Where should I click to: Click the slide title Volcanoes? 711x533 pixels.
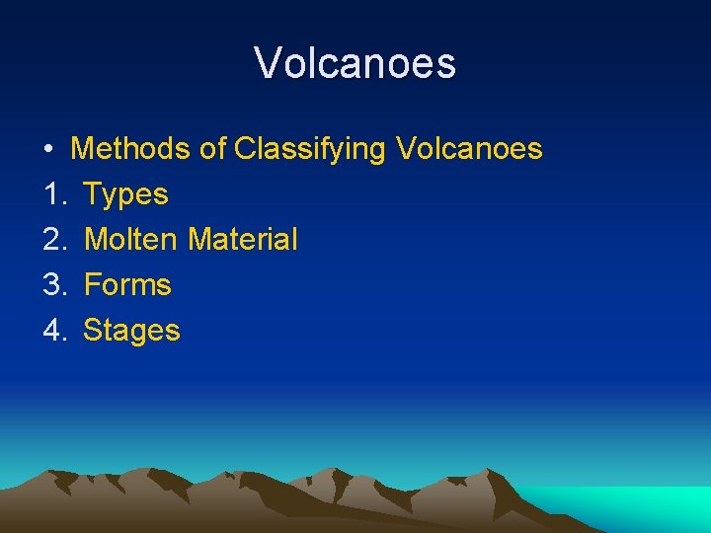point(355,63)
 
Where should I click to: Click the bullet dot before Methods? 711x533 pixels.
point(48,150)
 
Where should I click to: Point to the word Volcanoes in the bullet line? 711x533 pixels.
point(469,149)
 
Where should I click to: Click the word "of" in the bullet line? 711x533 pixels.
point(212,149)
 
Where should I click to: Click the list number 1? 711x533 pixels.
point(51,194)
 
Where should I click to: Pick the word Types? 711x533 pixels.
point(126,195)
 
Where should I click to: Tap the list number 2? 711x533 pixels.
point(53,240)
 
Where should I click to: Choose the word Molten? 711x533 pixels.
point(131,240)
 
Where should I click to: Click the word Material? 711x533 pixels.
point(242,240)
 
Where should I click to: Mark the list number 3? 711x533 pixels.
point(53,285)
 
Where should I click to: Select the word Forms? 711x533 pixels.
point(127,285)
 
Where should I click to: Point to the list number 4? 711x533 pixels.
point(53,331)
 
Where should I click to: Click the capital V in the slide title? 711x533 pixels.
point(267,64)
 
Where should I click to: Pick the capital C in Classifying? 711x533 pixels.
point(245,149)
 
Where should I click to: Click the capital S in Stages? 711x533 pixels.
point(92,331)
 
